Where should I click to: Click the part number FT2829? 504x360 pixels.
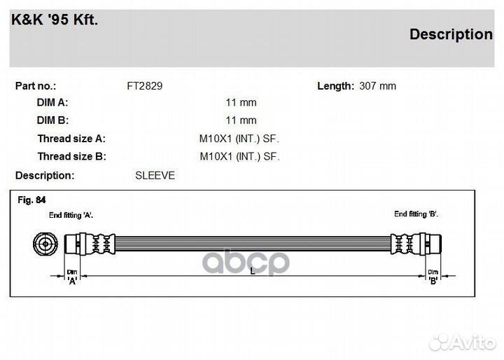(145, 86)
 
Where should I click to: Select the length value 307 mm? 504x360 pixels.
(378, 86)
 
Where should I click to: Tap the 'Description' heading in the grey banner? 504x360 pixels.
(451, 34)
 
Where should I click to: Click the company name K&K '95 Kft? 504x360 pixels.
(55, 20)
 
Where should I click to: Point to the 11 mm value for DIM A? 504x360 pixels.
(241, 103)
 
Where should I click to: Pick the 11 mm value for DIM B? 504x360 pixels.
(241, 120)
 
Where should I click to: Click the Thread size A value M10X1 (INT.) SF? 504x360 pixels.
(239, 139)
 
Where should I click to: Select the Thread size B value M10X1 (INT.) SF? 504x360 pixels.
(240, 156)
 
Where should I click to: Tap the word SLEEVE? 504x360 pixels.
(155, 175)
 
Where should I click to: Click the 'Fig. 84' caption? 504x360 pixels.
(31, 200)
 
